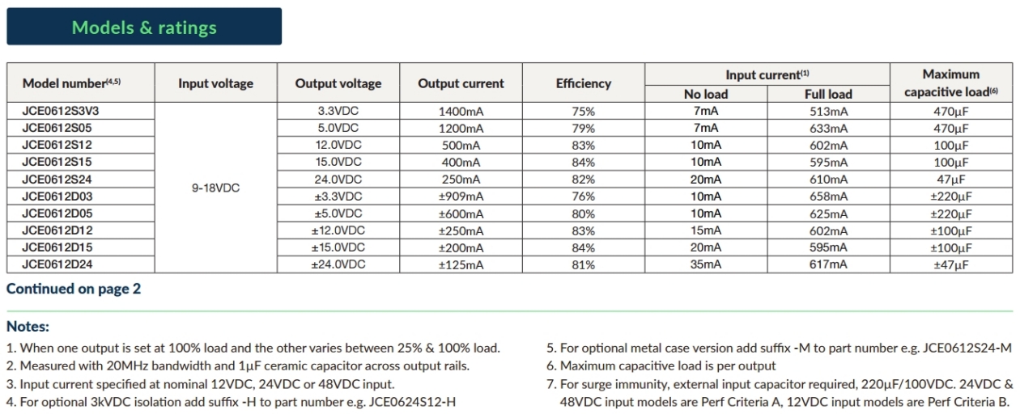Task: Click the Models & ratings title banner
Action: [144, 27]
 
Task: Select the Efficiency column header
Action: [584, 83]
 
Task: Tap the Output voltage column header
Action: [338, 83]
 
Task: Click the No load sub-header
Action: [706, 94]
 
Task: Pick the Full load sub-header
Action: [828, 94]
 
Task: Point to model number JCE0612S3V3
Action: [61, 111]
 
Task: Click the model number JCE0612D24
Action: [57, 264]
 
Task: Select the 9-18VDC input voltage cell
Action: [215, 188]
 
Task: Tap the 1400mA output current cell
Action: [461, 112]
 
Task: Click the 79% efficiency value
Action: [584, 129]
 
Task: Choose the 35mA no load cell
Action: [706, 264]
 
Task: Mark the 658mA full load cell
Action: [828, 196]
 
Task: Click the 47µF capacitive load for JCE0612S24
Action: [950, 180]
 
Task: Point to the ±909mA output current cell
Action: [461, 196]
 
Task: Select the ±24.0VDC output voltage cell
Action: [338, 264]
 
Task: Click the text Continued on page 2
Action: [74, 289]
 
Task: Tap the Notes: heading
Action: [28, 326]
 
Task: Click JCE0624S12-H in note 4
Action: [412, 402]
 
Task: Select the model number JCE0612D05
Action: [57, 213]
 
